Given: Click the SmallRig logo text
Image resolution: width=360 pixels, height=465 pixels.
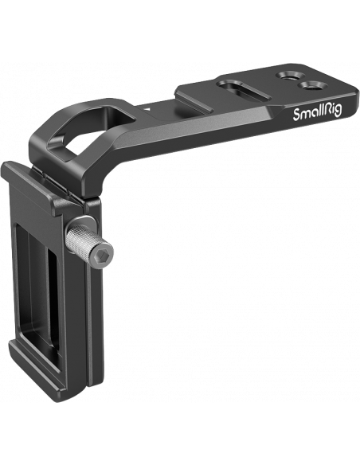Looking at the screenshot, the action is [x=317, y=113].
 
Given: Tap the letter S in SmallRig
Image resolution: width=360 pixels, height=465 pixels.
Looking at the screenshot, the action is [x=297, y=115].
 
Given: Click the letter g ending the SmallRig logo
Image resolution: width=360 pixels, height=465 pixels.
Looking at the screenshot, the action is [x=338, y=111].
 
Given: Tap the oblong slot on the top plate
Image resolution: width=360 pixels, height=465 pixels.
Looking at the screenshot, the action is [x=244, y=91].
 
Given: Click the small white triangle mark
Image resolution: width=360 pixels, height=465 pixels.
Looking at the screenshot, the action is [x=146, y=109].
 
